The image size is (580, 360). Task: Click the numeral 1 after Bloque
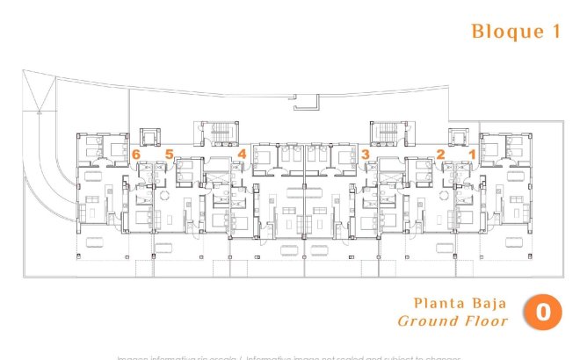click(x=555, y=32)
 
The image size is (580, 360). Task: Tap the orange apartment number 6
click(x=136, y=154)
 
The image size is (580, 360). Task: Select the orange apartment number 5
click(x=169, y=154)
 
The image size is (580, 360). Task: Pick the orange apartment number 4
click(x=241, y=154)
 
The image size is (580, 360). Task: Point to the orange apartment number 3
click(x=364, y=154)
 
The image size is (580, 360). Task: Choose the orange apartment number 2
click(x=440, y=154)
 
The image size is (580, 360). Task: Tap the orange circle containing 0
click(x=543, y=313)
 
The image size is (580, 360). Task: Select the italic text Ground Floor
click(x=453, y=321)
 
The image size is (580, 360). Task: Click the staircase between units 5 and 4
click(x=220, y=134)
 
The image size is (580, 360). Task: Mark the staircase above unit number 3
click(x=386, y=134)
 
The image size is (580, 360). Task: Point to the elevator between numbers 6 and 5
click(x=149, y=137)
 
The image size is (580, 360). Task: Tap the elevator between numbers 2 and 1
click(x=458, y=137)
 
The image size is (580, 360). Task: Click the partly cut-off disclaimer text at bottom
click(x=290, y=356)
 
